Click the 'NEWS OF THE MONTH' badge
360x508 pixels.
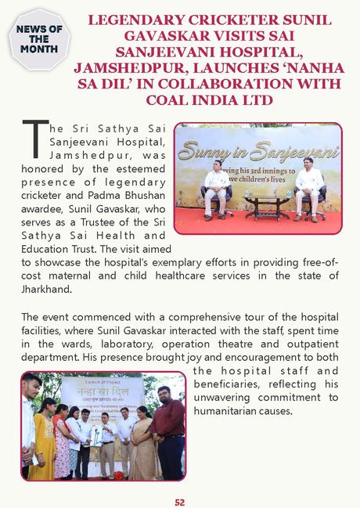point(38,39)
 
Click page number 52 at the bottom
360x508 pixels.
point(180,502)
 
